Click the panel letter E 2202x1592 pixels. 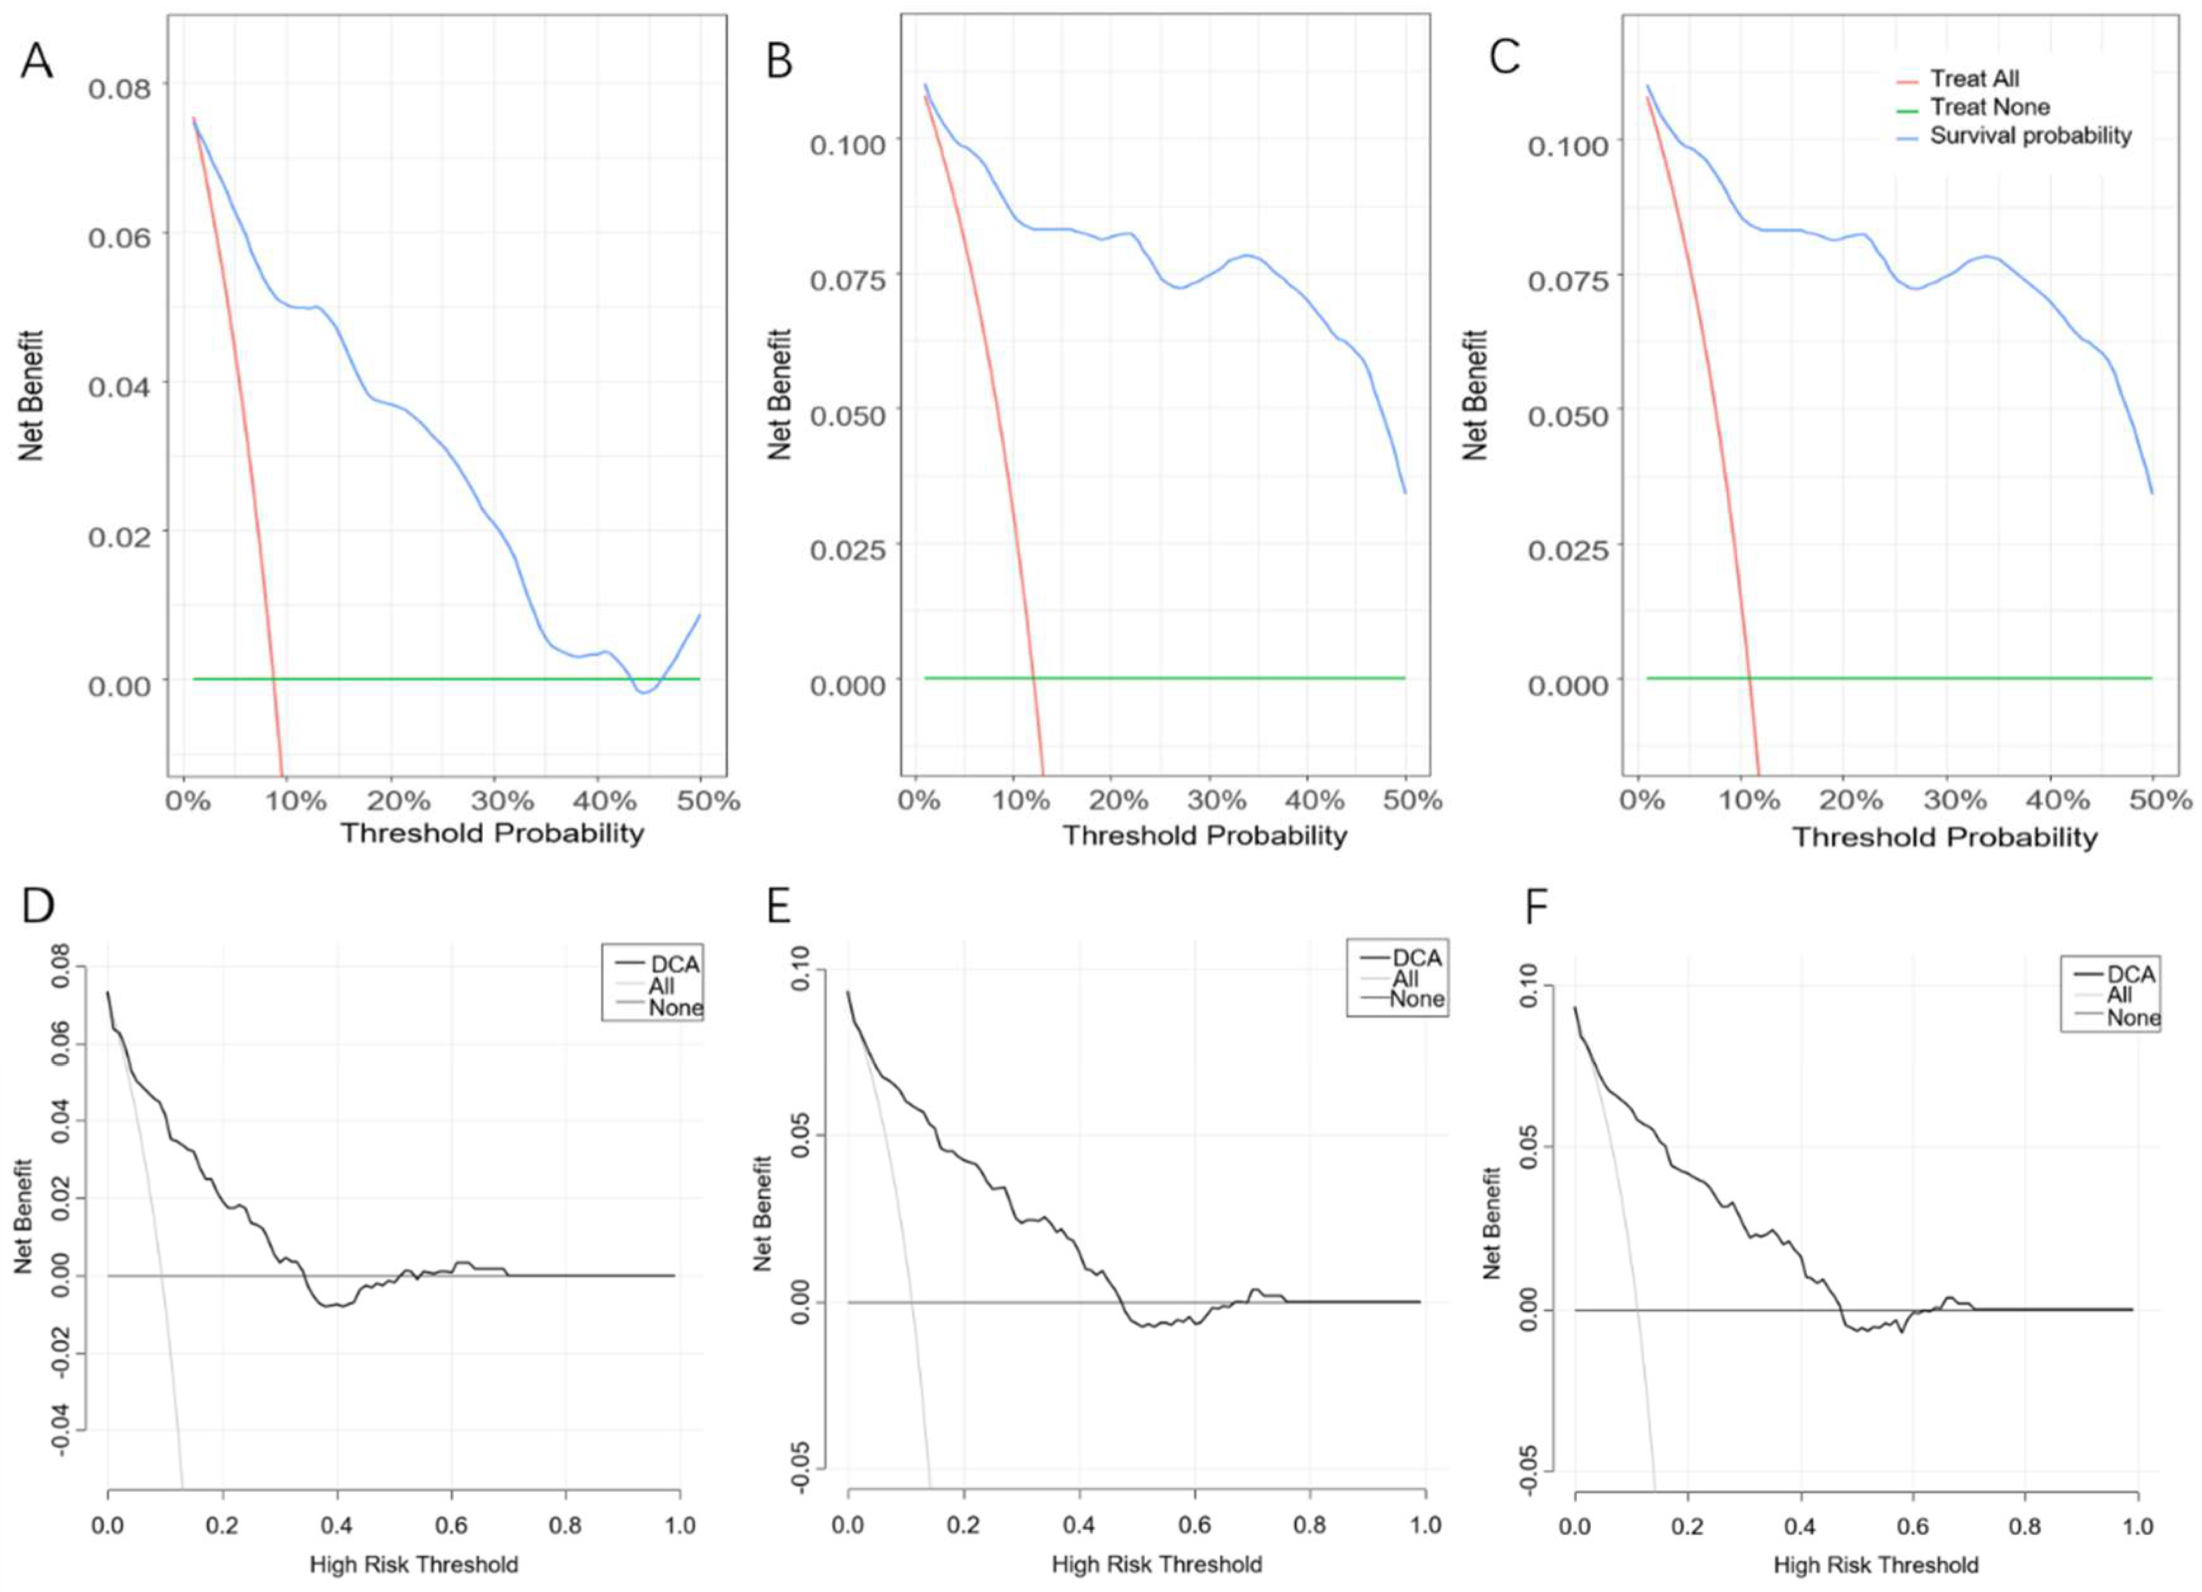(x=779, y=906)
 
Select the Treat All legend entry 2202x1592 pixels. (x=1974, y=79)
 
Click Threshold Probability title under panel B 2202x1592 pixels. (x=1205, y=836)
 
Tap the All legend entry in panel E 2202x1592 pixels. (x=1405, y=978)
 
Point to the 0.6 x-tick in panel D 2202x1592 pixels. (x=452, y=1525)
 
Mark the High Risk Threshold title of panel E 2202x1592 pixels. (x=1156, y=1564)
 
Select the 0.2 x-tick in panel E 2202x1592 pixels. (x=963, y=1525)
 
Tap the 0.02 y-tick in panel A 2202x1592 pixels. (x=120, y=536)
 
